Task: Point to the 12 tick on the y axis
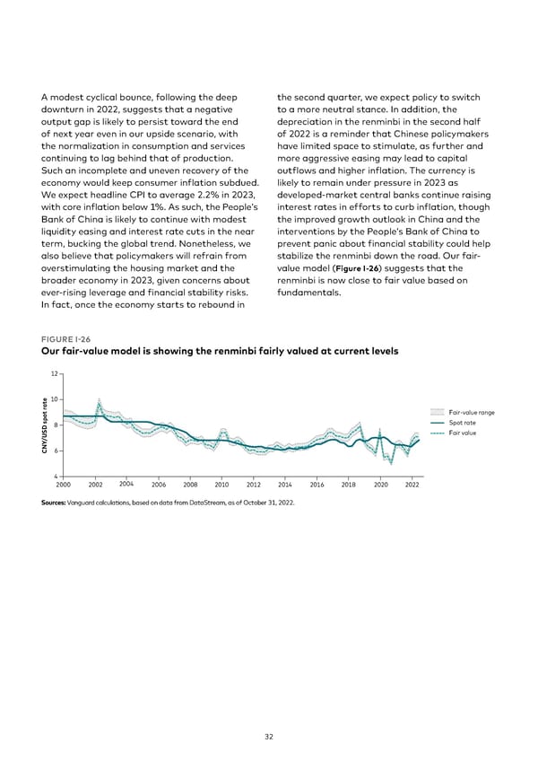coord(54,373)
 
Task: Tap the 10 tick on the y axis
coord(54,399)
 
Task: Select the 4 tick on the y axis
coord(56,475)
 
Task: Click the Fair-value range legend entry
coord(472,413)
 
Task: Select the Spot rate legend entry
coord(463,423)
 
